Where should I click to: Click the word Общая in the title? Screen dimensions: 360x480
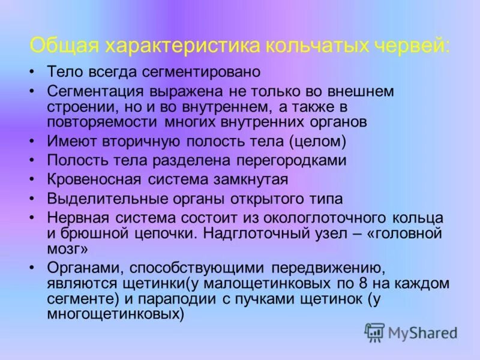point(65,46)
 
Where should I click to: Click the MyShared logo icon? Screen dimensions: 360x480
point(374,331)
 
